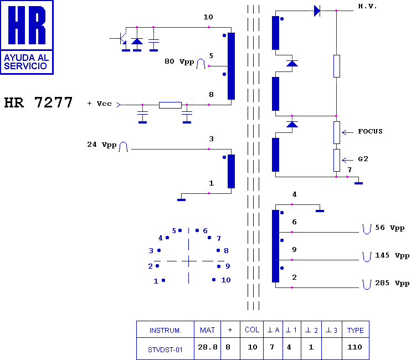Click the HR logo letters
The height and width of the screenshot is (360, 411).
pyautogui.click(x=27, y=25)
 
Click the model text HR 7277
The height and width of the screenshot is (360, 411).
pyautogui.click(x=38, y=102)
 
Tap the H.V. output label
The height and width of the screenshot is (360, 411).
pyautogui.click(x=367, y=6)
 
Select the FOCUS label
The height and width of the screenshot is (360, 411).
pyautogui.click(x=370, y=131)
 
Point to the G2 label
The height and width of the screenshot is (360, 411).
pyautogui.click(x=363, y=159)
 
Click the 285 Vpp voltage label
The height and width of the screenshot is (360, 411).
pyautogui.click(x=392, y=283)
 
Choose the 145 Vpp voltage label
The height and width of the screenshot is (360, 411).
pyautogui.click(x=392, y=255)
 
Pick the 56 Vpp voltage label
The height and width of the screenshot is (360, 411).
pyautogui.click(x=390, y=228)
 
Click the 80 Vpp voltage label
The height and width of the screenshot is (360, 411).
pyautogui.click(x=179, y=61)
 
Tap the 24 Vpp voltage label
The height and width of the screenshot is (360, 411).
pyautogui.click(x=102, y=145)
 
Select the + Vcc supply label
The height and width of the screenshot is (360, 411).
pyautogui.click(x=99, y=104)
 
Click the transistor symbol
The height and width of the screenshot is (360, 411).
pyautogui.click(x=121, y=39)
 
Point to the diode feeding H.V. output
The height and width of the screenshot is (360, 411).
pyautogui.click(x=317, y=11)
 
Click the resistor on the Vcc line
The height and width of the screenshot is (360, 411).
pyautogui.click(x=170, y=105)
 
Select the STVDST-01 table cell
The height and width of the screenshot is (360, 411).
pyautogui.click(x=165, y=350)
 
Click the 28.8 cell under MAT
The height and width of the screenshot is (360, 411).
pyautogui.click(x=208, y=347)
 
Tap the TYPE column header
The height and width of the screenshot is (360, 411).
pyautogui.click(x=356, y=331)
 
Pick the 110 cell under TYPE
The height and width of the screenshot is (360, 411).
pyautogui.click(x=355, y=347)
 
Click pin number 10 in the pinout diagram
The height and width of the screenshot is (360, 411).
pyautogui.click(x=225, y=280)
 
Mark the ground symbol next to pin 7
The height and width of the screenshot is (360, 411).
pyautogui.click(x=358, y=183)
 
